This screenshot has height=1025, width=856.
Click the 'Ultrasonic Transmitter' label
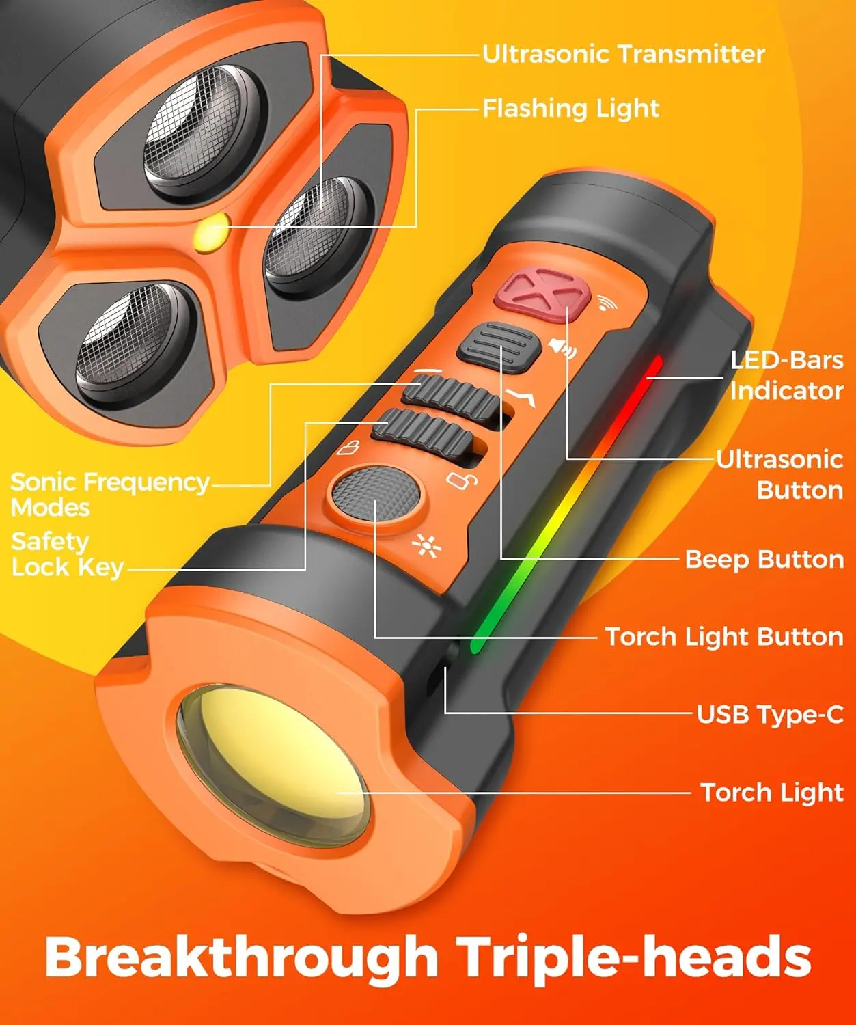[623, 54]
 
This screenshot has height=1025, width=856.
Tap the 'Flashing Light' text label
[570, 108]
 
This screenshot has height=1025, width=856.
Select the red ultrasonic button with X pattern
[542, 293]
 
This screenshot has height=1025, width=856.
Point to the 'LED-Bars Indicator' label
[786, 375]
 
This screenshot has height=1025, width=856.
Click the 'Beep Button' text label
[764, 559]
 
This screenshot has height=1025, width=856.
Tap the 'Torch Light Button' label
[724, 637]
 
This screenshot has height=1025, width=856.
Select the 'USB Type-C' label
[770, 715]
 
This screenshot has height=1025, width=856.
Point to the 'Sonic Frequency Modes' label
[109, 494]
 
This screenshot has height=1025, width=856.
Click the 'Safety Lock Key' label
[67, 554]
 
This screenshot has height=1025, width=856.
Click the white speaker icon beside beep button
[562, 348]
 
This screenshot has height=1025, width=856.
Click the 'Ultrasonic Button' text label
[779, 474]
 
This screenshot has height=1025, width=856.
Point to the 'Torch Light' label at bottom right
[772, 793]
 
